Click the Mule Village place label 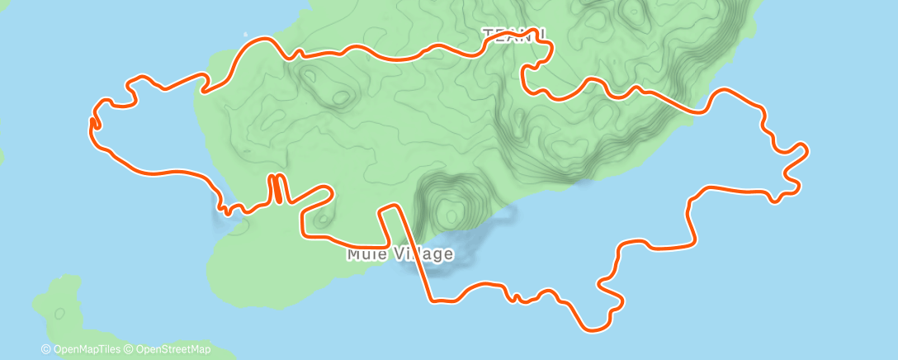pyautogui.click(x=399, y=253)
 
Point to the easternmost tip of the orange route pyautogui.click(x=806, y=149)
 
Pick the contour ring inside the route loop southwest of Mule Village pyautogui.click(x=320, y=219)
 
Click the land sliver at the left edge pyautogui.click(x=2, y=154)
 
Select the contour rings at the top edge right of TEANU pyautogui.click(x=631, y=12)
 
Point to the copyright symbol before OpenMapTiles pyautogui.click(x=46, y=349)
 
